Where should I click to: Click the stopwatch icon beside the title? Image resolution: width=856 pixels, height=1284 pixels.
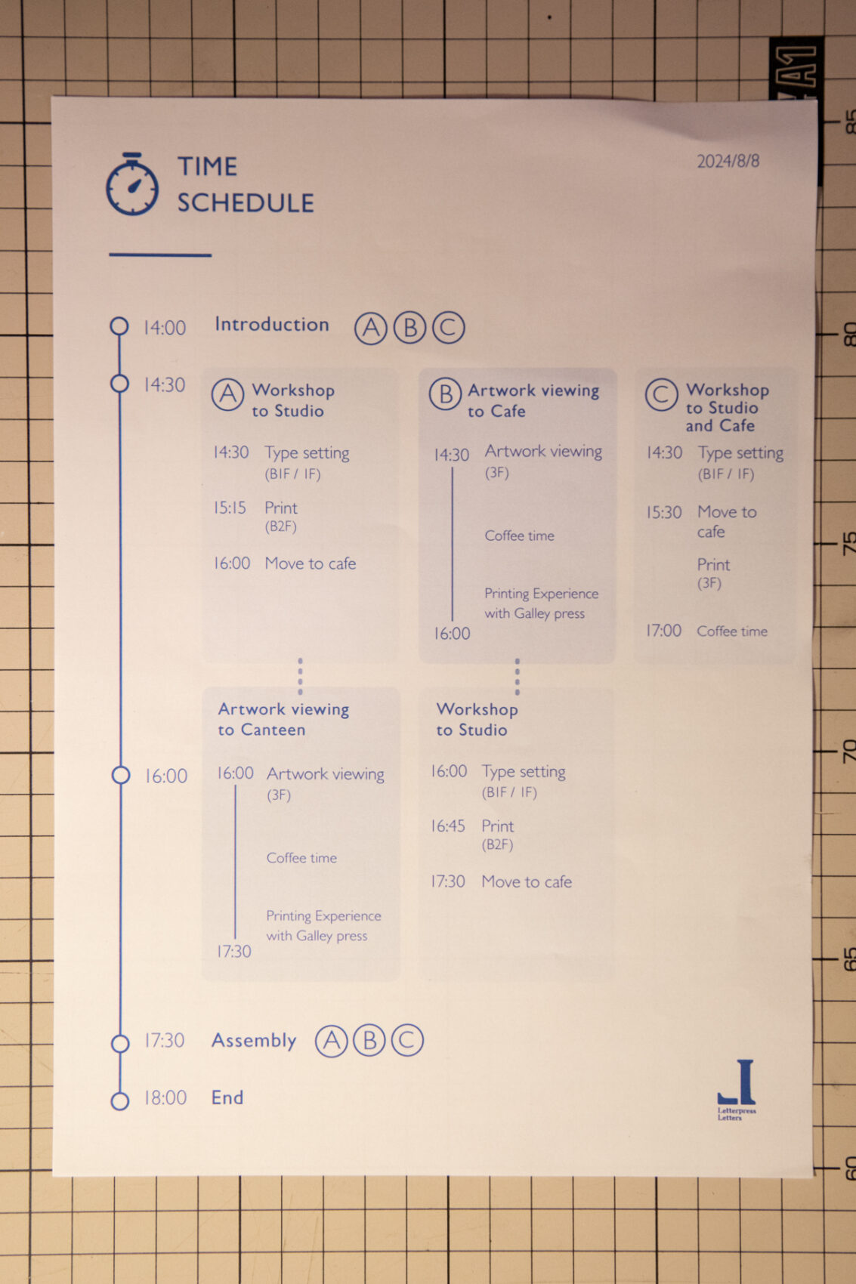coord(132,184)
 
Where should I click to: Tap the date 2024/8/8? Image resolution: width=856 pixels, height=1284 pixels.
coord(728,161)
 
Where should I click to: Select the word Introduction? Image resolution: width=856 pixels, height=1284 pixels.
coord(272,325)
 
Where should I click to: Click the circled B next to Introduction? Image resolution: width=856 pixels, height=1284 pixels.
coord(410,328)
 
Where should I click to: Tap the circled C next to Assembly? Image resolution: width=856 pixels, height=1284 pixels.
coord(408,1040)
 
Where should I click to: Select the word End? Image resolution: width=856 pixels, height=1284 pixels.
coord(227,1097)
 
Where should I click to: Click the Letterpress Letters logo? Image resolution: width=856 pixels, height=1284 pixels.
coord(737,1089)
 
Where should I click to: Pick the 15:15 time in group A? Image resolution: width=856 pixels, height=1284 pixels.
coord(230,508)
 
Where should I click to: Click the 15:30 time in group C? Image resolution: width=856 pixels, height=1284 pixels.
coord(664,512)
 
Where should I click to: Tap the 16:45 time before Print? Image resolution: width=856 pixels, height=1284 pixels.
coord(448,826)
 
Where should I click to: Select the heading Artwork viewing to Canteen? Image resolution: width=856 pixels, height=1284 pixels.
coord(284,719)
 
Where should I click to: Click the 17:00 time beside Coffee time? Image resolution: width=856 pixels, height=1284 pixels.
coord(664,631)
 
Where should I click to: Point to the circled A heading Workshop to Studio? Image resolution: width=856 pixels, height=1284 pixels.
coord(227,394)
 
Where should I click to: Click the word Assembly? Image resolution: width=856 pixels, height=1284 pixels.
coord(254,1040)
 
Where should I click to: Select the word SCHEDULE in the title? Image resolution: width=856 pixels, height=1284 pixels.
coord(246,203)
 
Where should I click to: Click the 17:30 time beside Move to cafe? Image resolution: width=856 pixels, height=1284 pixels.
coord(448,881)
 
